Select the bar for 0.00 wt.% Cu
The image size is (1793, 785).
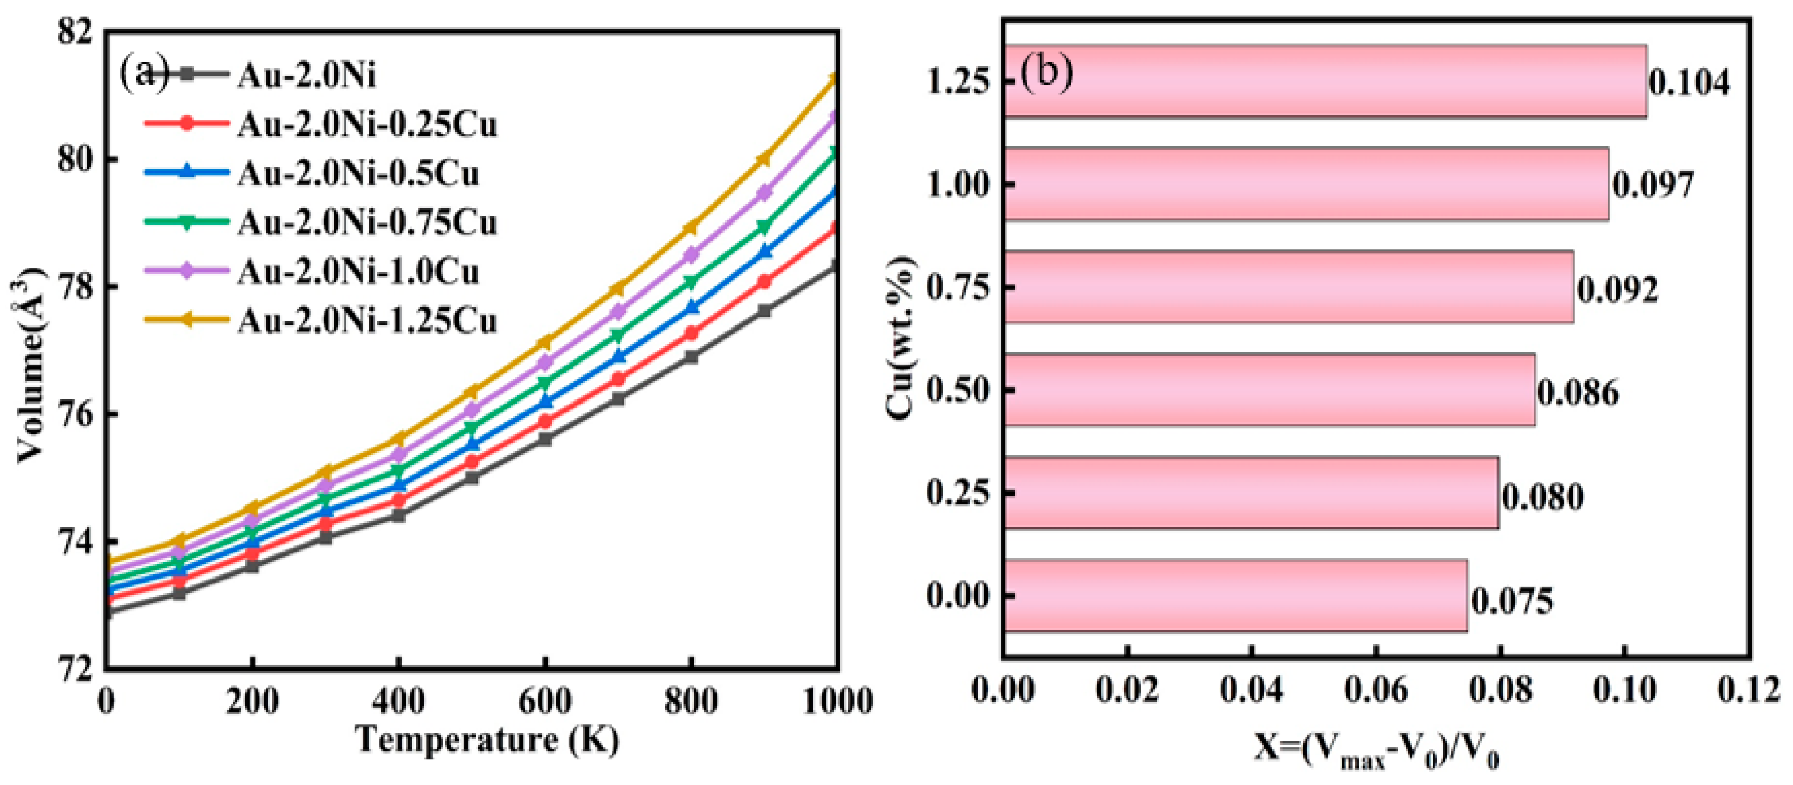pos(1235,595)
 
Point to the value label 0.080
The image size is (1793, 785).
pos(1542,497)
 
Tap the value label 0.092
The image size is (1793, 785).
pos(1617,289)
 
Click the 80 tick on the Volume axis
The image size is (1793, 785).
pos(76,159)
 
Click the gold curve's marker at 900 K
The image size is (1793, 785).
pos(764,159)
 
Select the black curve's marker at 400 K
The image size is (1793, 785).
pos(398,515)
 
